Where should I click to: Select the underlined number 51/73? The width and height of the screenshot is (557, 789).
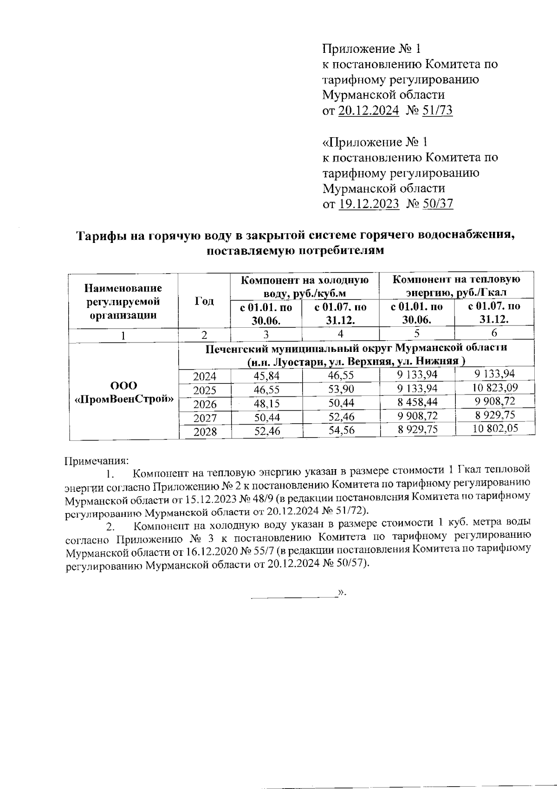pos(438,111)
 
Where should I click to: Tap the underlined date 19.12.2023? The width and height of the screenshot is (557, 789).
pos(369,204)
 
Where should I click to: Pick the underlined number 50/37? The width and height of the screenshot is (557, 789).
pos(438,204)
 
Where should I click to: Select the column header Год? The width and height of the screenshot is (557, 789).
pos(204,301)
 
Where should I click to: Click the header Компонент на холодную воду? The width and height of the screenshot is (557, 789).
pos(304,286)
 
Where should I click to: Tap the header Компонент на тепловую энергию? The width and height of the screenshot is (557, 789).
pos(456,286)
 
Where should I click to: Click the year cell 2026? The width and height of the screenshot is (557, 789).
pos(205,404)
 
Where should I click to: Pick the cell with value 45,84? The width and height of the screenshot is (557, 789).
pos(266,376)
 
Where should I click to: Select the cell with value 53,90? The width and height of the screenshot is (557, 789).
pos(341,389)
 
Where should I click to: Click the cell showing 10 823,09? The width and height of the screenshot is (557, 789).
pos(495,387)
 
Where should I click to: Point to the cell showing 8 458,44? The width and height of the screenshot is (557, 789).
pos(417,401)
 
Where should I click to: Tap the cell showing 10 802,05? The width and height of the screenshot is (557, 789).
pos(495,429)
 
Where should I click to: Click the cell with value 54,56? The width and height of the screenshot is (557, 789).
pos(341,430)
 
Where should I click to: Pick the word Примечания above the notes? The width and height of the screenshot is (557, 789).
pos(96,461)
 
